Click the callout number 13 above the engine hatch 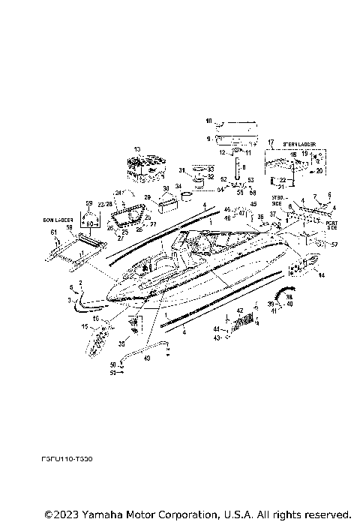click(137, 149)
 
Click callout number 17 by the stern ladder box click(271, 142)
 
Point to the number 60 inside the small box click(90, 223)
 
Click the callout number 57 click(334, 245)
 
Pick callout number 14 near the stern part click(322, 277)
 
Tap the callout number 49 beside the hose click(147, 358)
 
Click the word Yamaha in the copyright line click(114, 514)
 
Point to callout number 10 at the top click(209, 121)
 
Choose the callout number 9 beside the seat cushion click(209, 138)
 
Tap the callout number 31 click(181, 171)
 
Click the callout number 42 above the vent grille click(240, 310)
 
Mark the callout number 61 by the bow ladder click(54, 233)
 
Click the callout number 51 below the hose click(113, 371)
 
